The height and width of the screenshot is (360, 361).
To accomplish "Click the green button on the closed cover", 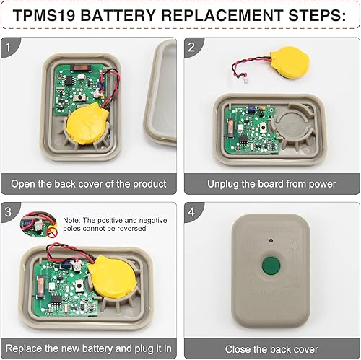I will pos(273,264).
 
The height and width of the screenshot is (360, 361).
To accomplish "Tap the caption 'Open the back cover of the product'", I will pos(88,184).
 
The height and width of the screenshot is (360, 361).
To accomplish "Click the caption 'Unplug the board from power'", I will pos(271,184).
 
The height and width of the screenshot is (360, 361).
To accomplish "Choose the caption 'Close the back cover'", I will pos(271,349).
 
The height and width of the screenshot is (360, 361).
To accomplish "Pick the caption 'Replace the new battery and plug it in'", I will pos(88,349).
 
